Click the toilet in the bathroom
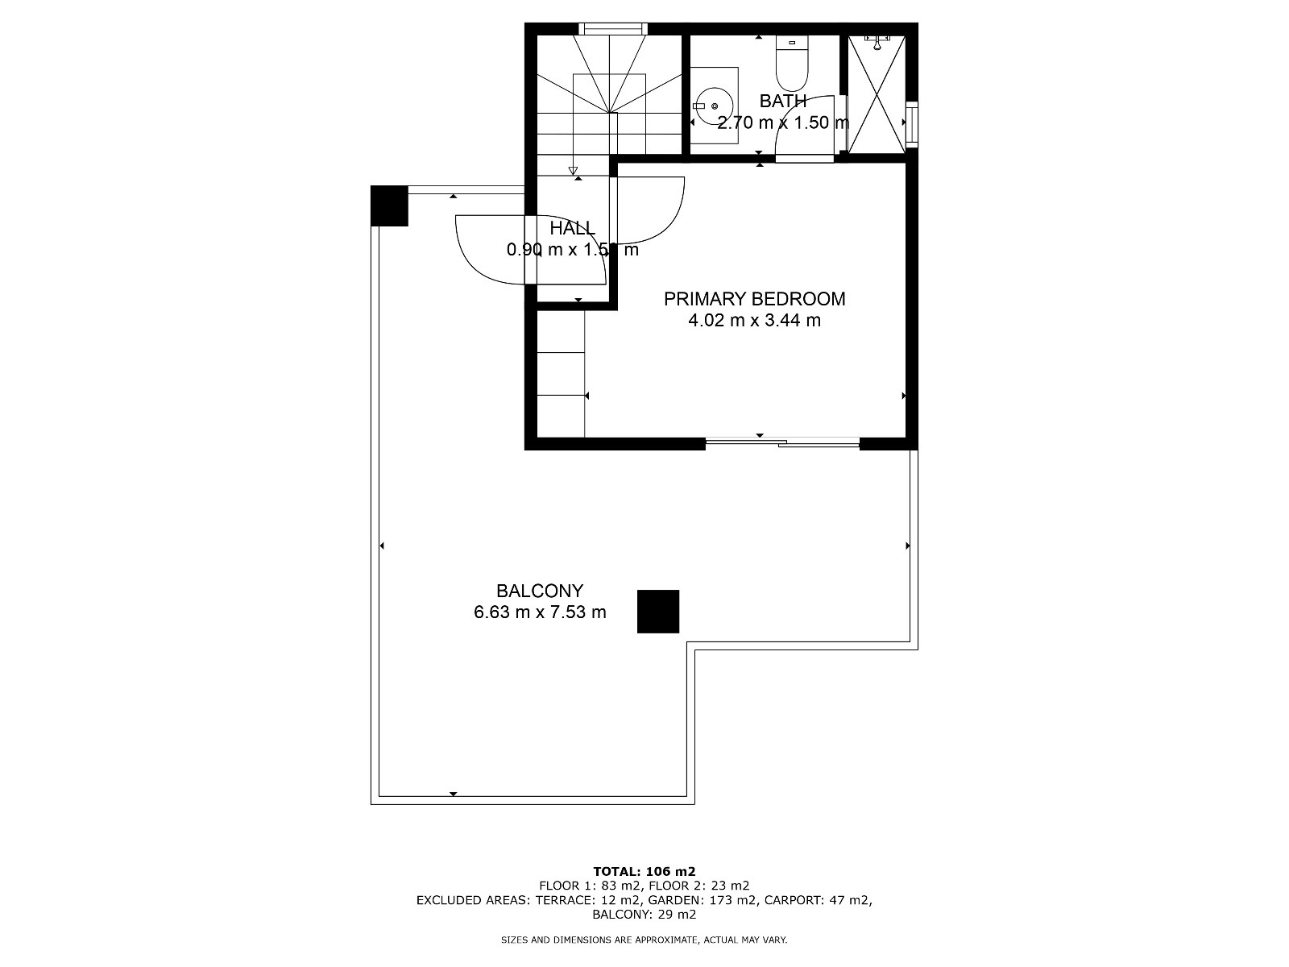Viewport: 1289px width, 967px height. pyautogui.click(x=791, y=64)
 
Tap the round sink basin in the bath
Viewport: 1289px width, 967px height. pyautogui.click(x=714, y=106)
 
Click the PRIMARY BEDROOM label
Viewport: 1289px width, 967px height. pyautogui.click(x=754, y=299)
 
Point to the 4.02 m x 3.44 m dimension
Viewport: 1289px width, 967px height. pyautogui.click(x=754, y=321)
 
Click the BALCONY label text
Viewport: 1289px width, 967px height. pyautogui.click(x=539, y=591)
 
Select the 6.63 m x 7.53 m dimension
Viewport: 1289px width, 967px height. pyautogui.click(x=539, y=612)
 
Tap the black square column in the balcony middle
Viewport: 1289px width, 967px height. pyautogui.click(x=658, y=611)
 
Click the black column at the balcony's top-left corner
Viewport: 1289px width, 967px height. pyautogui.click(x=389, y=205)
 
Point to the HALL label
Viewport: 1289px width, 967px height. pyautogui.click(x=572, y=228)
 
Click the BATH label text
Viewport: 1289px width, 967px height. pyautogui.click(x=783, y=102)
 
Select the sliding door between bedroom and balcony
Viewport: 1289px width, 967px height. pyautogui.click(x=781, y=442)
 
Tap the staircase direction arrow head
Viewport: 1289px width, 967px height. pyautogui.click(x=573, y=170)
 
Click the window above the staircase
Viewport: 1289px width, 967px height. pyautogui.click(x=614, y=29)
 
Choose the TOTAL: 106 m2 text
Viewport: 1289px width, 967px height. pyautogui.click(x=644, y=871)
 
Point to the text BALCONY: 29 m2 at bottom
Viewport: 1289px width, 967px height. pyautogui.click(x=644, y=915)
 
